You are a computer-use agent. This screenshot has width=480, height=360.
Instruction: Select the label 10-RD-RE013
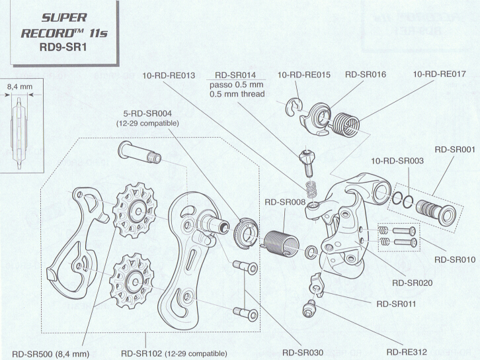[x=169, y=75]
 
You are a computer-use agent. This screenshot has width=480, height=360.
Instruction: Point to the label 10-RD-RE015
[x=304, y=75]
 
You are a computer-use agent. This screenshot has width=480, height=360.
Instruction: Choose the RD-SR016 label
[x=366, y=75]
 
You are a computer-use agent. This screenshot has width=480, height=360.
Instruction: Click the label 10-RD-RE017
[x=439, y=75]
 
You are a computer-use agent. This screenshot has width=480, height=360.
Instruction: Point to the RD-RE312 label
[x=411, y=353]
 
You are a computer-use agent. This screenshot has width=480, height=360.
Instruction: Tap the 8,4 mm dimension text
[x=20, y=85]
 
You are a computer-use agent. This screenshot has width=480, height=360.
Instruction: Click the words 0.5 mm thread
[x=237, y=94]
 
